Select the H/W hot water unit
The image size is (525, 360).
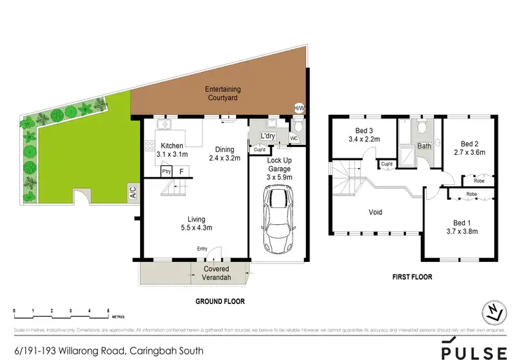(299, 108)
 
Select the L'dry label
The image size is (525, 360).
(267, 136)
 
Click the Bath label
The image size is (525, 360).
(424, 146)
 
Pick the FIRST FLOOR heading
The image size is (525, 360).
(412, 277)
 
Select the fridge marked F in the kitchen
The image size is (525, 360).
(182, 170)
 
